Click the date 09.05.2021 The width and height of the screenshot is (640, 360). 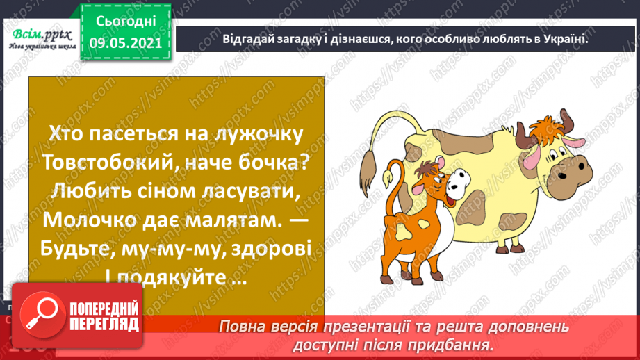[x=126, y=43]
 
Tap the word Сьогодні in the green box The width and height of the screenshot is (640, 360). [x=126, y=22]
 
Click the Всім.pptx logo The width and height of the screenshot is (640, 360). [x=42, y=39]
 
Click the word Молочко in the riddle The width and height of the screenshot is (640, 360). [x=90, y=220]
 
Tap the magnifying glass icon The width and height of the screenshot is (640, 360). [x=42, y=315]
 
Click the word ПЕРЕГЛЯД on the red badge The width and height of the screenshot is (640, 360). [x=104, y=325]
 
